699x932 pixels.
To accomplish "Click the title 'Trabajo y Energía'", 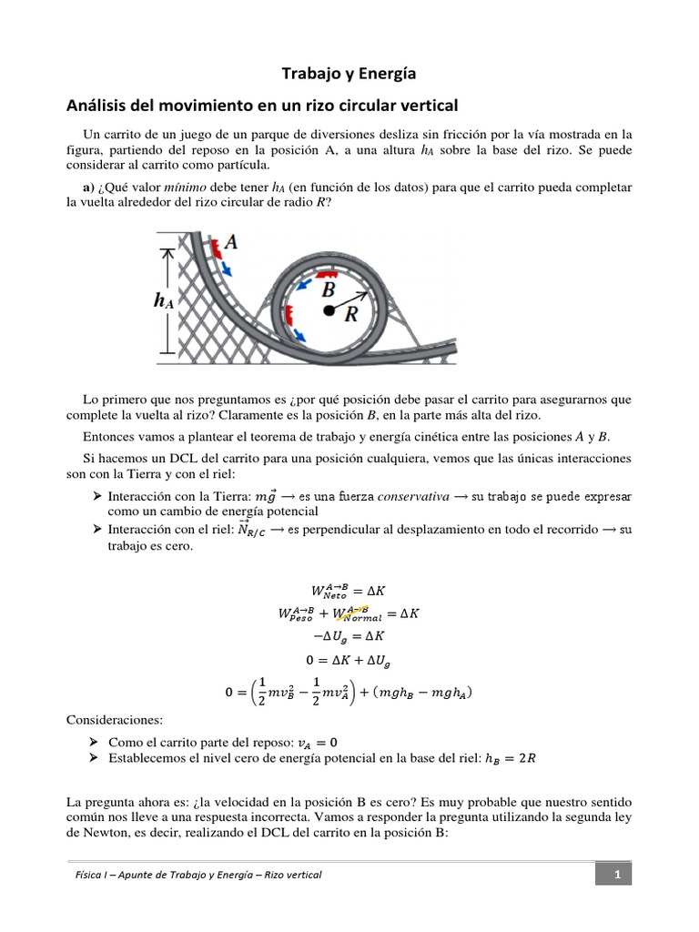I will click(349, 73).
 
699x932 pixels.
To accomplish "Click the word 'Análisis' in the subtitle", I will click(98, 106).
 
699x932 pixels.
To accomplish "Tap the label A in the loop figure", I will click(231, 242).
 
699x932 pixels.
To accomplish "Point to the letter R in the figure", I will click(350, 314).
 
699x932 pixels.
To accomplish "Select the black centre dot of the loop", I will click(327, 310).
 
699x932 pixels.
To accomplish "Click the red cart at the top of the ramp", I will click(216, 248).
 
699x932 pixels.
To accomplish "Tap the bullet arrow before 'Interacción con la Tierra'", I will click(96, 496).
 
